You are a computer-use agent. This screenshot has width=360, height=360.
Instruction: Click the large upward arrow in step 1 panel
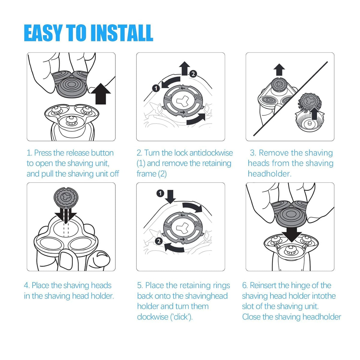tap(101, 94)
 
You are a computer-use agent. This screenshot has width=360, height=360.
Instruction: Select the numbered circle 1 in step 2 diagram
tap(156, 88)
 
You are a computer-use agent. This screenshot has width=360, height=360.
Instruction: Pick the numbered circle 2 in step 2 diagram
tap(193, 74)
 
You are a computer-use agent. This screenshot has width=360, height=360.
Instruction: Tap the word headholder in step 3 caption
tap(270, 174)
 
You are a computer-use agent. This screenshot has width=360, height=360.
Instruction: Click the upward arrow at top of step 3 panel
tap(279, 70)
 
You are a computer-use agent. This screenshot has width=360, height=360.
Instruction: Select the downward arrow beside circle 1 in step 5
tap(170, 197)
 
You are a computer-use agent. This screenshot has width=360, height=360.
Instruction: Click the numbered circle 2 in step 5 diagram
tap(159, 241)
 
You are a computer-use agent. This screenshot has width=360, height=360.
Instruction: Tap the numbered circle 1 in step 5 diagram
tap(160, 193)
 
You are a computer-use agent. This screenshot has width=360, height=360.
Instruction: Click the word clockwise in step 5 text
tap(153, 317)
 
